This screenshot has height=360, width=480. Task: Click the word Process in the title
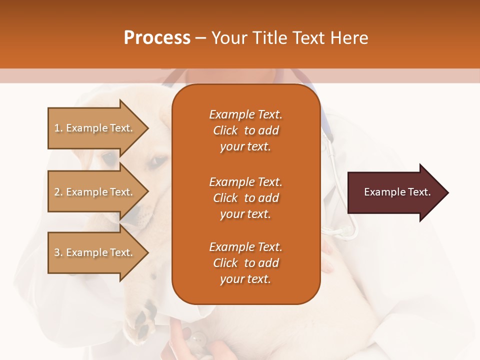[157, 38]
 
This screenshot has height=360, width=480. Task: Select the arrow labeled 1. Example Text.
[95, 128]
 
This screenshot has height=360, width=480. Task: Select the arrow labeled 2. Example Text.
[95, 192]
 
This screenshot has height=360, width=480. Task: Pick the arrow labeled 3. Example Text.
[95, 252]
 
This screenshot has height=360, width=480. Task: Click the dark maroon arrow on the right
[395, 192]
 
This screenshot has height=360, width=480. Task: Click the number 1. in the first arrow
[58, 128]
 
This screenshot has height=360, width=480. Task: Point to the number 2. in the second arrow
[58, 192]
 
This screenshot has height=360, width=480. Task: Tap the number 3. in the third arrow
[58, 252]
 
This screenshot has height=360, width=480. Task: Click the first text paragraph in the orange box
[245, 130]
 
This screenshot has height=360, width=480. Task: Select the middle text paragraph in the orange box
[245, 197]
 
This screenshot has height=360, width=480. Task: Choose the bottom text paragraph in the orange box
[245, 263]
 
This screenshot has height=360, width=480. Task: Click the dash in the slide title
[201, 38]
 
